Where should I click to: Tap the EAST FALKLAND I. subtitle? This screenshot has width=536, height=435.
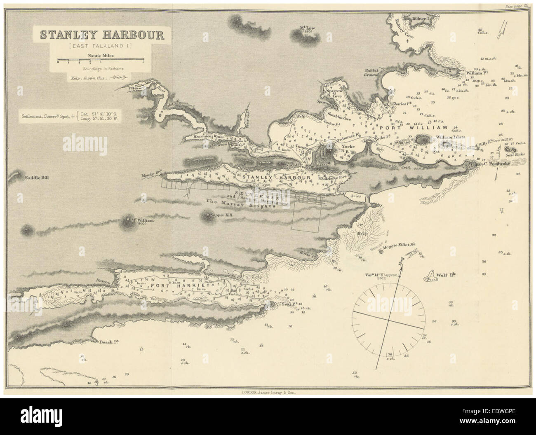[x=101, y=46]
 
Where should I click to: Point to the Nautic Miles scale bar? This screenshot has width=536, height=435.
[x=100, y=61]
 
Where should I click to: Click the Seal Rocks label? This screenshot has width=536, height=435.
[x=513, y=154]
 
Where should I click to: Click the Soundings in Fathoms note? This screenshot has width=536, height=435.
[x=101, y=69]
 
